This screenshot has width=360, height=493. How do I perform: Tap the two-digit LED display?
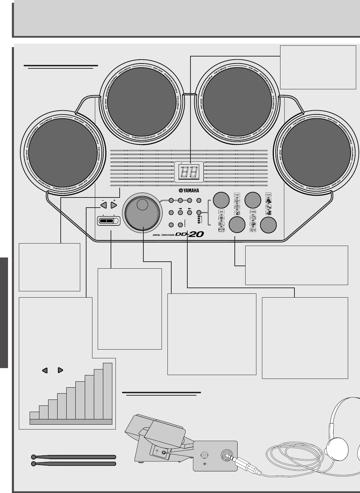[188, 171]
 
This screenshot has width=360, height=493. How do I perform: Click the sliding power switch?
[108, 221]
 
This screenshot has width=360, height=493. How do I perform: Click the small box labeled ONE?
[221, 212]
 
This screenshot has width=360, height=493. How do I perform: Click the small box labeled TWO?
[237, 195]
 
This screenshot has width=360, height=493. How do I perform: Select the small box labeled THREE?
[253, 212]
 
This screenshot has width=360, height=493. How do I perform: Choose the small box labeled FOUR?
[268, 195]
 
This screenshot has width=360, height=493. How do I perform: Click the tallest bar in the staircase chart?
[107, 391]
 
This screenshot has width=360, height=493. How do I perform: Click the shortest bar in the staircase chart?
[35, 415]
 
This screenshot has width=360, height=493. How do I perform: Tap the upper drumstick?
[73, 457]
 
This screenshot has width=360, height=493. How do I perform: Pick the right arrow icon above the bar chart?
[60, 370]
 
